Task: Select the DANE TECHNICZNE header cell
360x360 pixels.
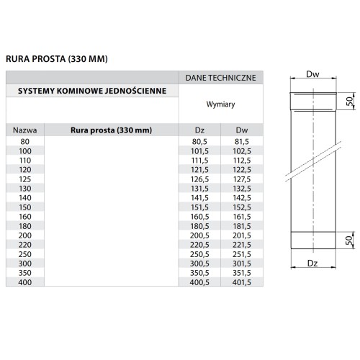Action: coord(221,77)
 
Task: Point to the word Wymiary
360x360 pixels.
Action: coord(221,104)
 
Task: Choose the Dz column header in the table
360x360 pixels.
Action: coord(200,130)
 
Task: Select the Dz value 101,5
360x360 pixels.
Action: coord(200,151)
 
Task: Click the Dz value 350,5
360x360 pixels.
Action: coord(200,272)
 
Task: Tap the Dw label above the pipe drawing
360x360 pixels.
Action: coord(312,74)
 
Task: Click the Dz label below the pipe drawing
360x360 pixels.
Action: coord(312,264)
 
